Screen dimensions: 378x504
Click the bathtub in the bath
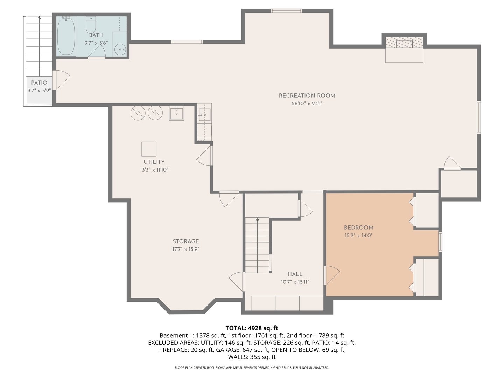point(66,36)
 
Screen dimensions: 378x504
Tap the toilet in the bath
point(91,25)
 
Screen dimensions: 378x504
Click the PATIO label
point(39,83)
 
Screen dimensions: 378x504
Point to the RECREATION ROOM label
point(307,96)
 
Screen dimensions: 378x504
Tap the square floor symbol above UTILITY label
point(149,149)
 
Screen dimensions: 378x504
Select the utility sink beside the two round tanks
point(176,113)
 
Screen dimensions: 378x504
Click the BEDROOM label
point(358,227)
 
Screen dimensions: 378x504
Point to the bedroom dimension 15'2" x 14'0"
point(358,236)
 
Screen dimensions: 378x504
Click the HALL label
point(295,274)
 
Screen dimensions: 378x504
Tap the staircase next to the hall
point(257,245)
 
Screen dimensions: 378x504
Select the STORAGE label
point(186,241)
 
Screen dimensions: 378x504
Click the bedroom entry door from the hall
point(331,275)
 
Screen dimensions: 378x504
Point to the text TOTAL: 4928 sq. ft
point(252,328)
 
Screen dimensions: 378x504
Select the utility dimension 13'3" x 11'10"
point(154,170)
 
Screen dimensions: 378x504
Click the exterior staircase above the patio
point(39,45)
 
